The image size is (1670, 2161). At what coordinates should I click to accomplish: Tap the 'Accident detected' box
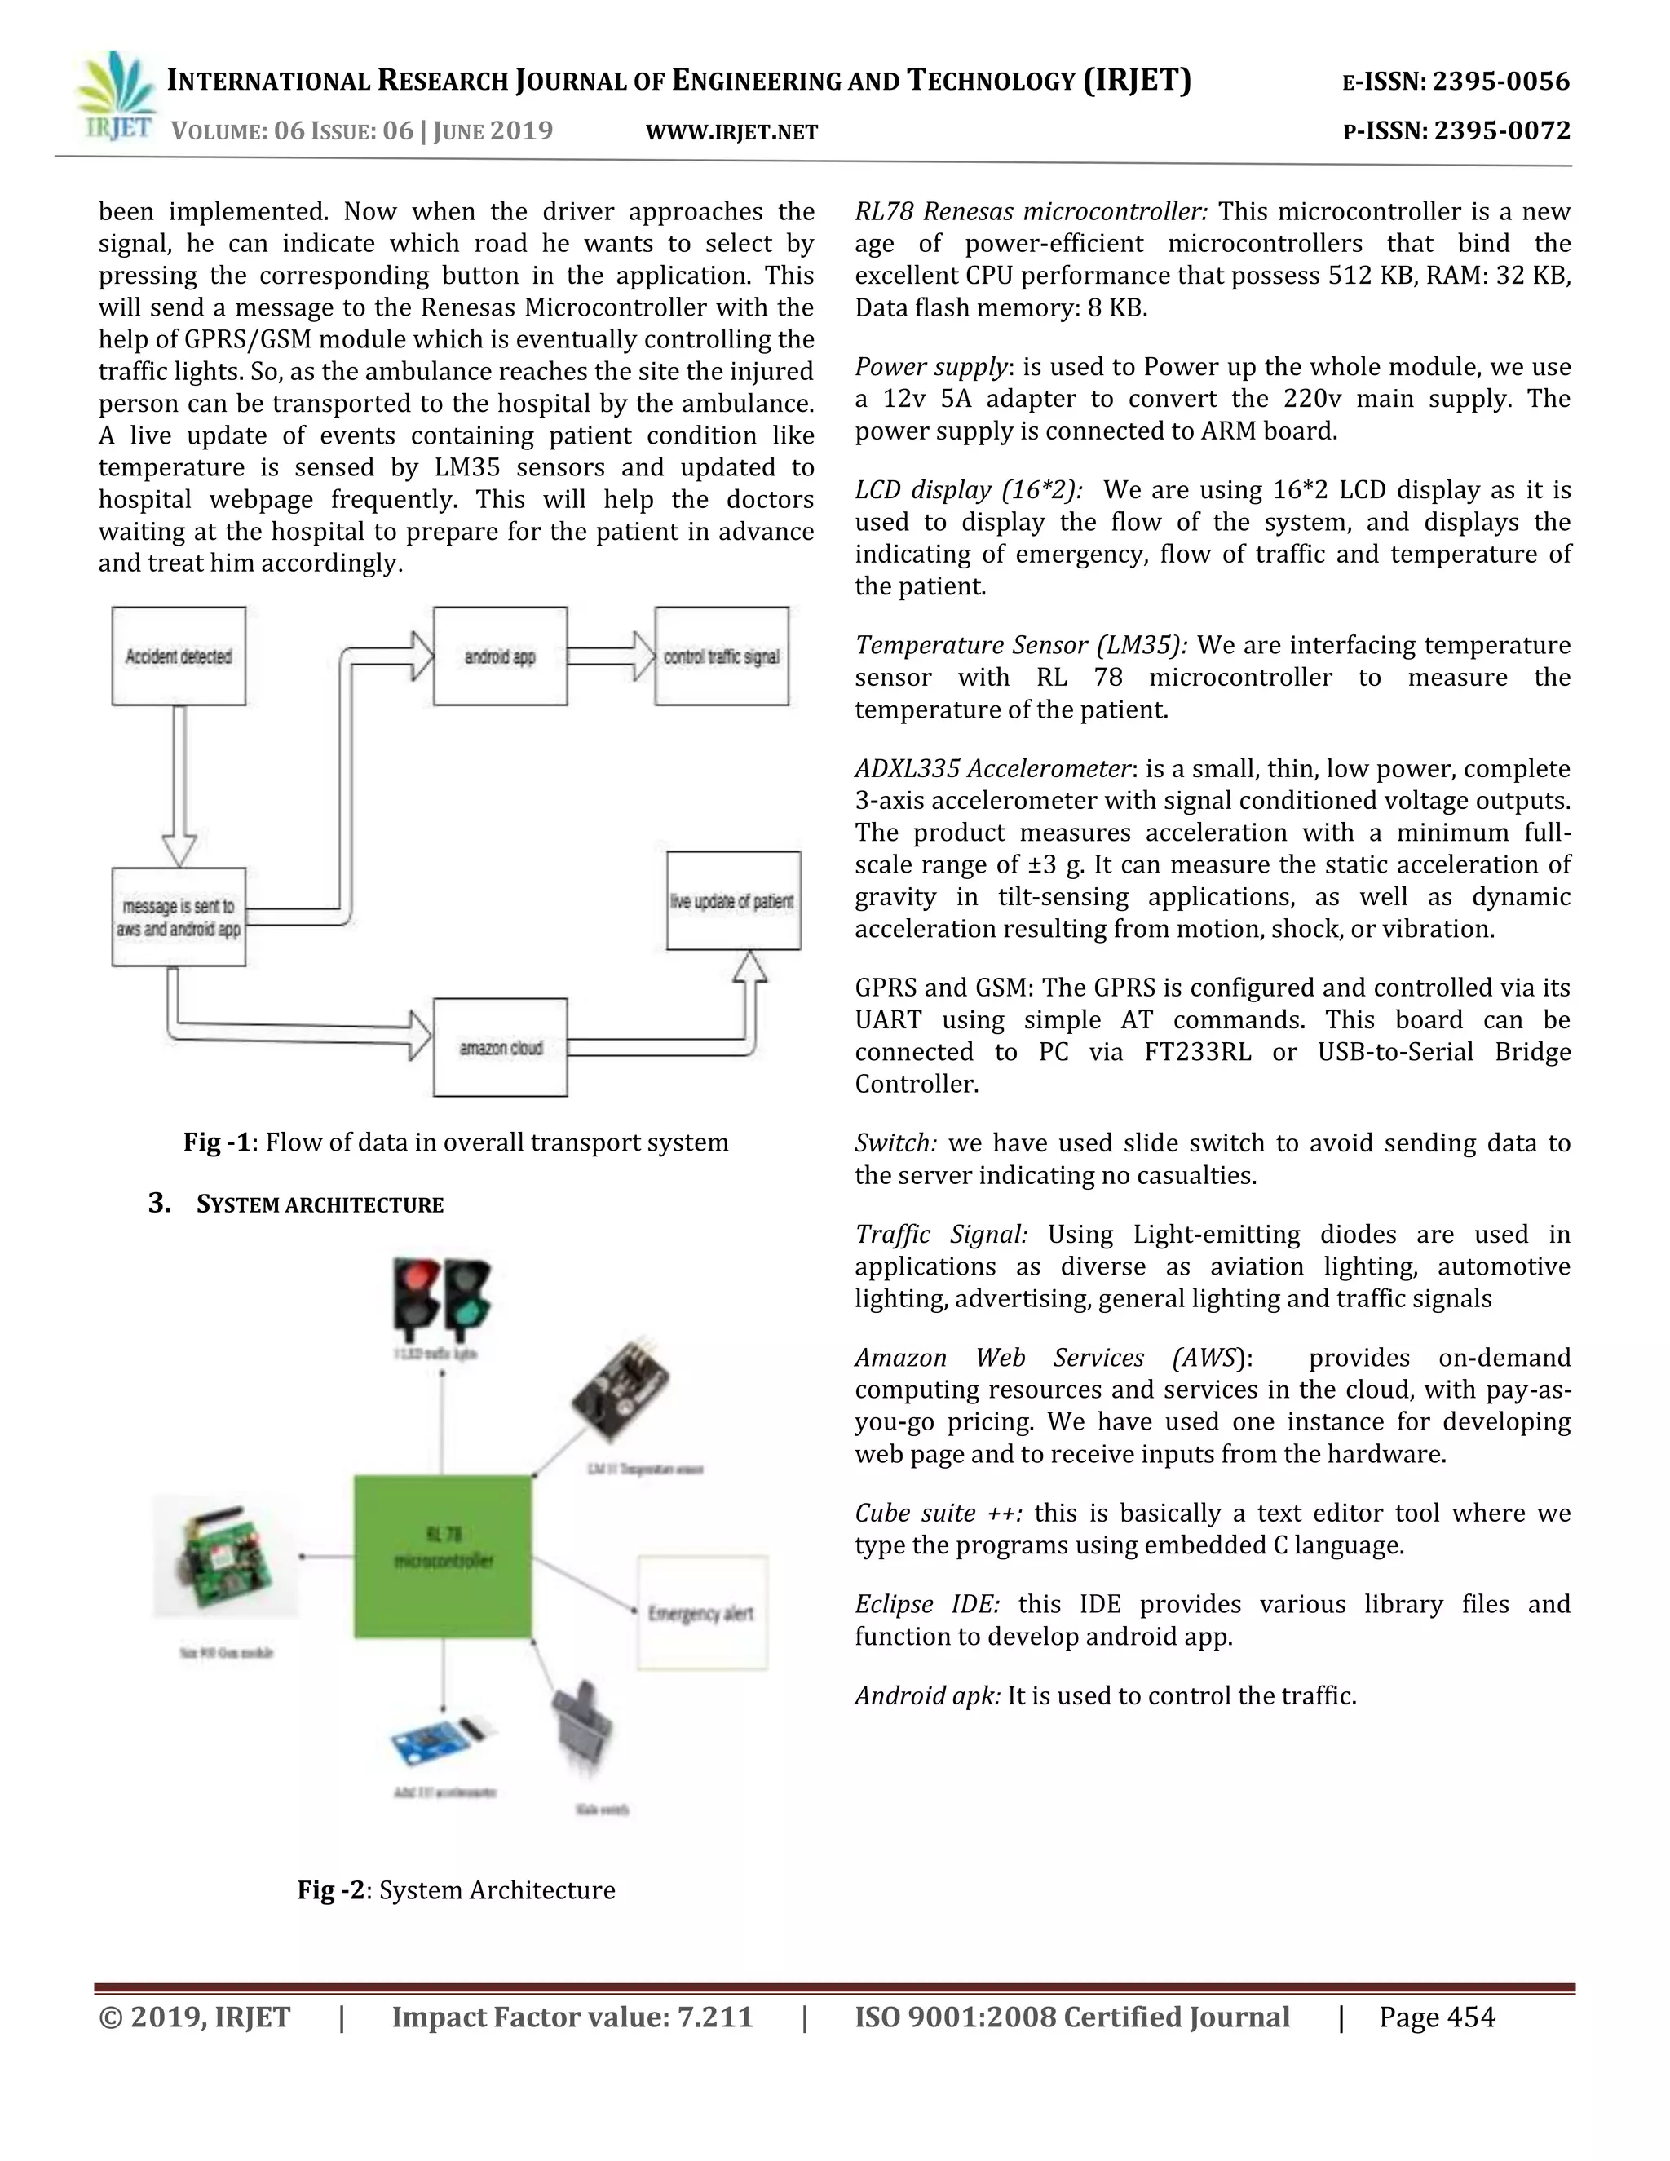pos(178,656)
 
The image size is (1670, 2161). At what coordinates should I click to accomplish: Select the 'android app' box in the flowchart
pos(500,656)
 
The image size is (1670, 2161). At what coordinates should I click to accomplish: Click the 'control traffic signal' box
pos(721,656)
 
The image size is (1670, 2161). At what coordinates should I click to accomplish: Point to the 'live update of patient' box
pos(732,900)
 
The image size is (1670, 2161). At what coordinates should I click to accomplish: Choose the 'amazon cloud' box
pos(500,1047)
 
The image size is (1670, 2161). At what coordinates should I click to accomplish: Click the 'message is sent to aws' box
pos(178,917)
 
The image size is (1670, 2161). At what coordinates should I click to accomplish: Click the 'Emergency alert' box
pos(701,1613)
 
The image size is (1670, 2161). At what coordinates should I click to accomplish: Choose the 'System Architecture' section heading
pos(319,1204)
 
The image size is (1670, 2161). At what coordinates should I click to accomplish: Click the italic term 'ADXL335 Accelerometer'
pos(992,769)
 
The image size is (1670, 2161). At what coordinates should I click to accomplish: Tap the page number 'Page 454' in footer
pos(1437,2017)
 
